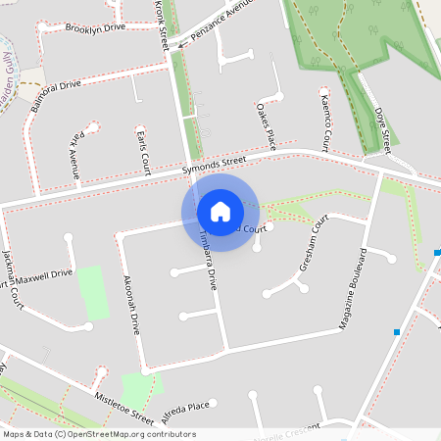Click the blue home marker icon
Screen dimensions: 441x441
click(220, 211)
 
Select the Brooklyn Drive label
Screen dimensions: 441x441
click(95, 28)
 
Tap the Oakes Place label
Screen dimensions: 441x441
click(266, 124)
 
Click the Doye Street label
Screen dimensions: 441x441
click(384, 127)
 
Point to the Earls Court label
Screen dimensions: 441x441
click(143, 148)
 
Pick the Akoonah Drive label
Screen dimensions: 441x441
click(131, 303)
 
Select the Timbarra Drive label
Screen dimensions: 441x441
click(206, 258)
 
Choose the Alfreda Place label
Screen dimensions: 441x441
click(185, 410)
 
